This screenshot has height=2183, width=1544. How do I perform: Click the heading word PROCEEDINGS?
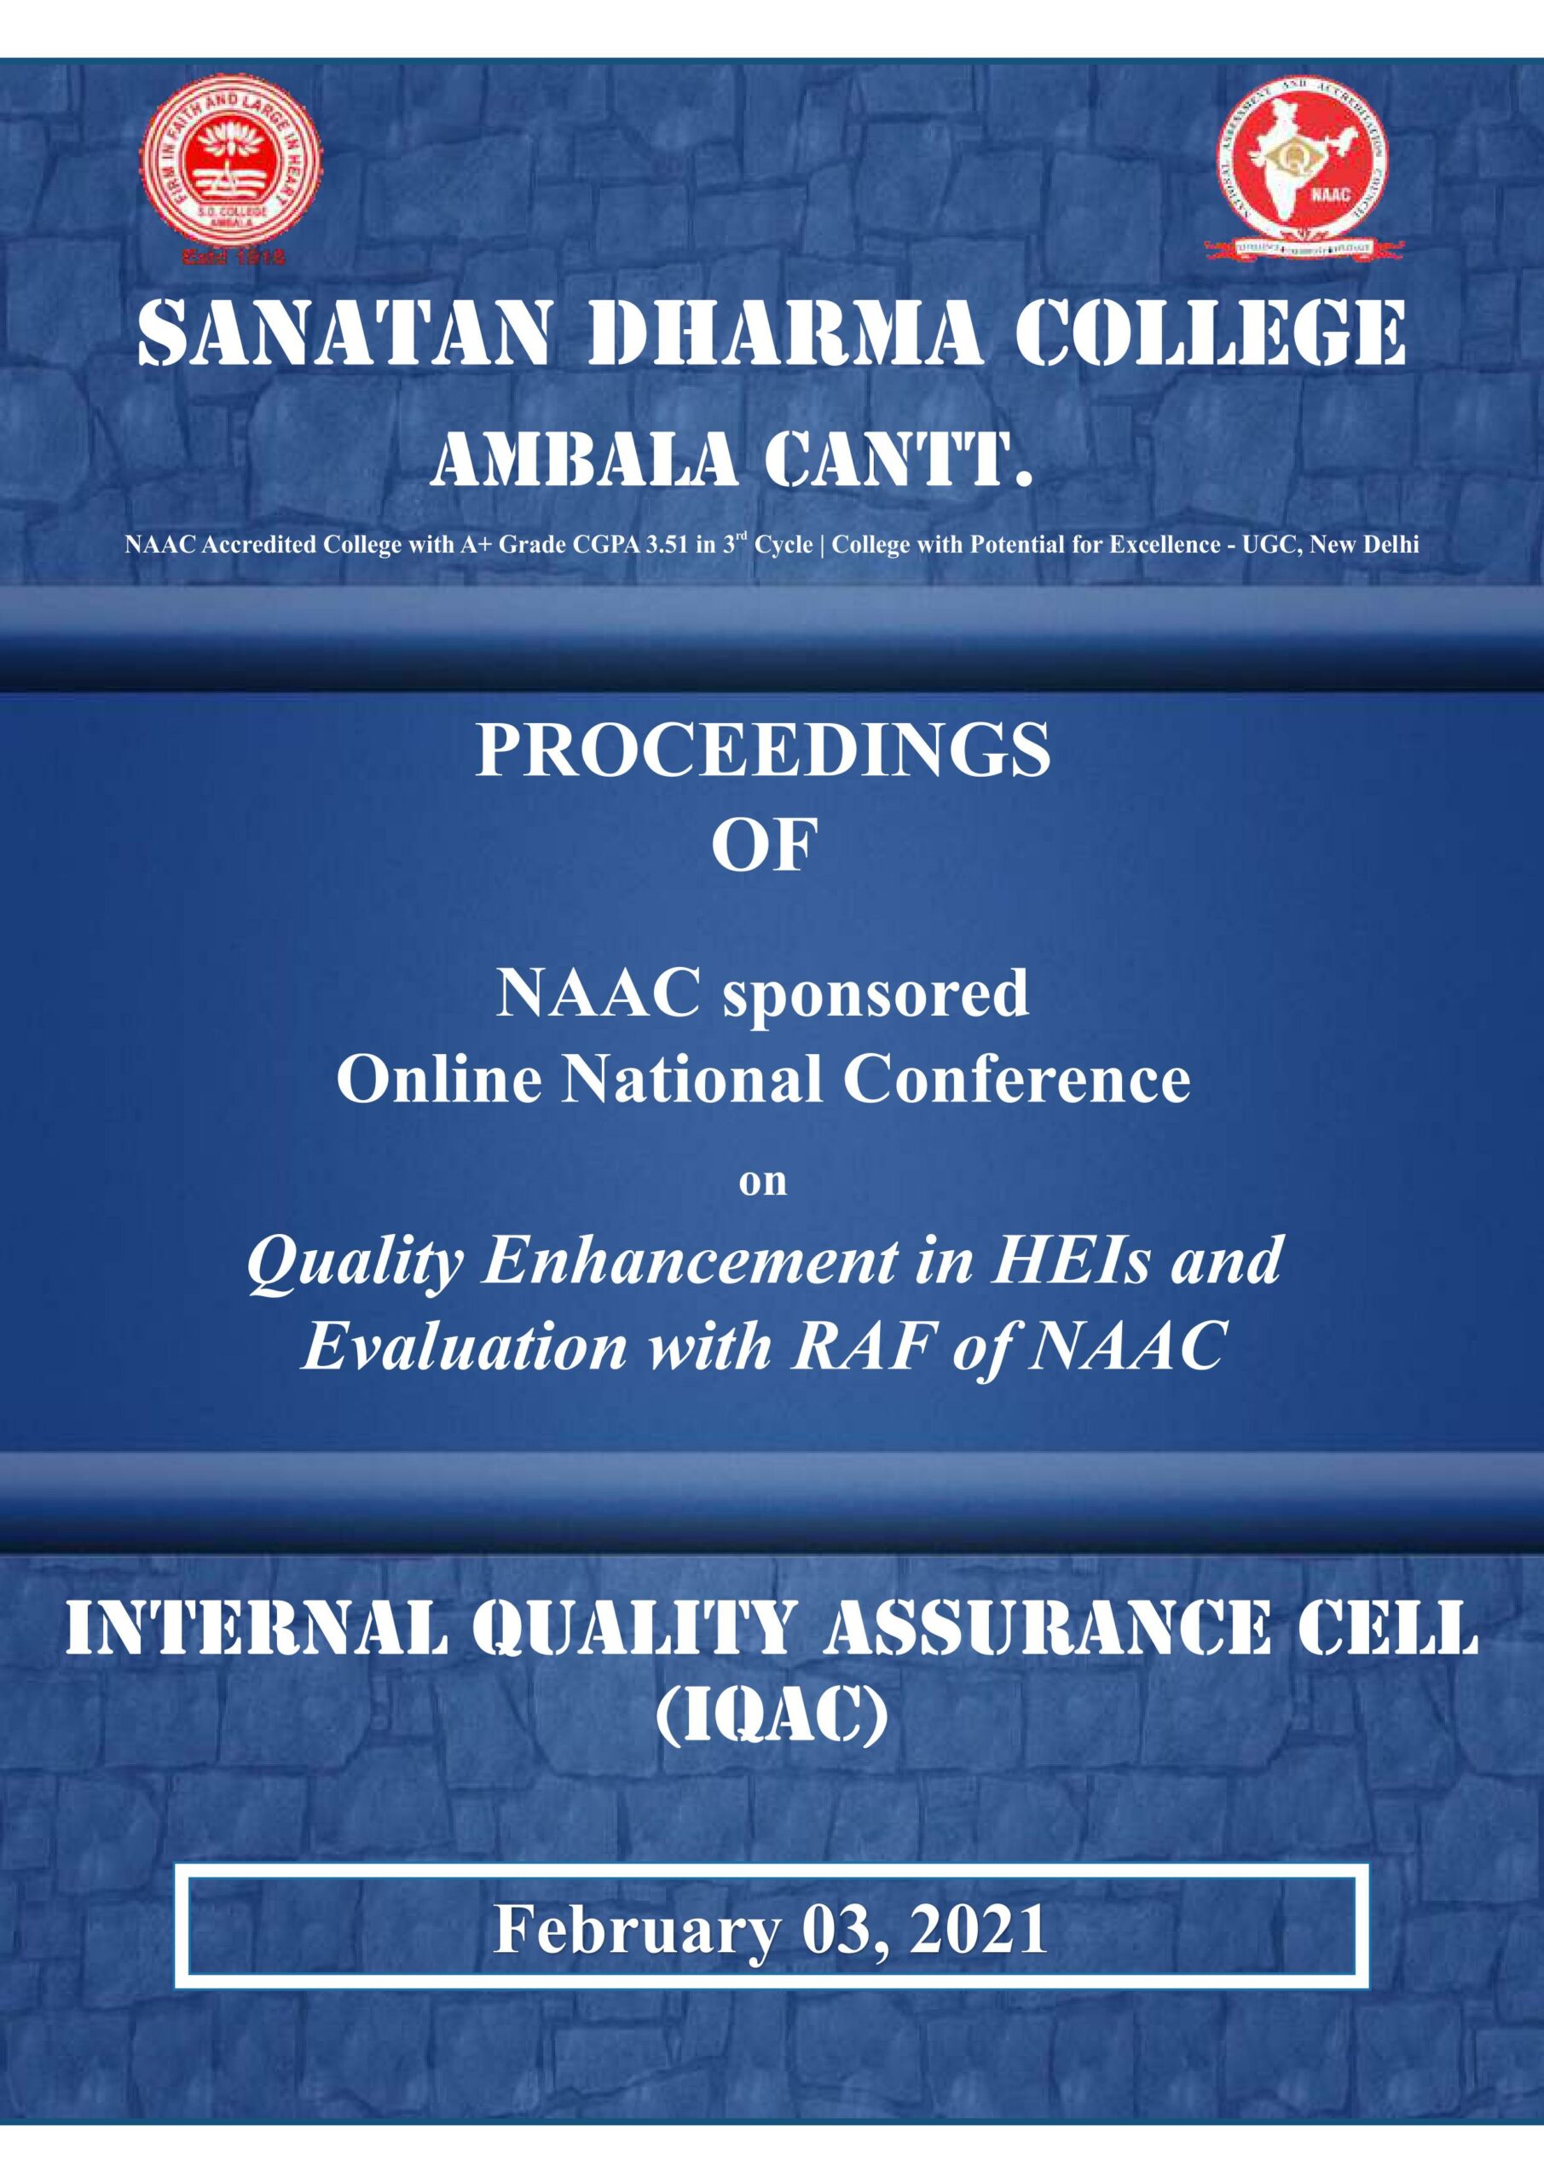pyautogui.click(x=763, y=751)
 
